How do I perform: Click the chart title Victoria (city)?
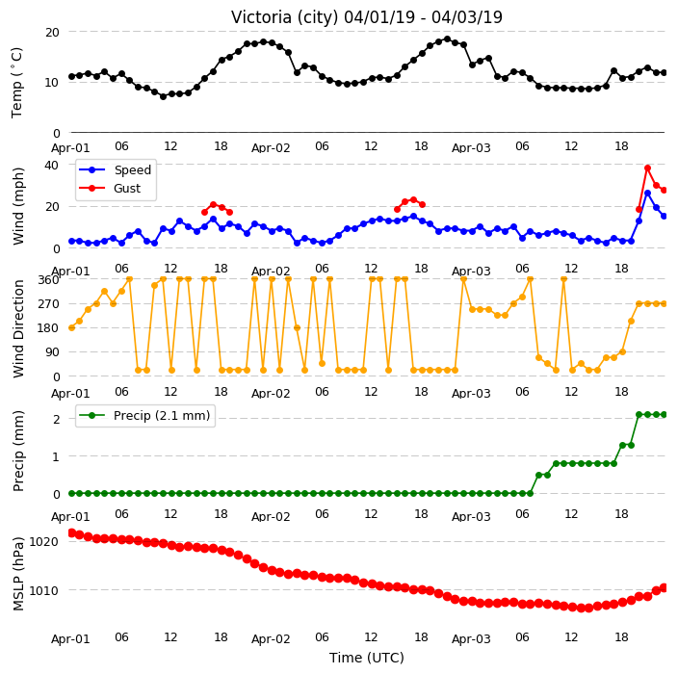(x=285, y=17)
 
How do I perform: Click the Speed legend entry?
(x=115, y=169)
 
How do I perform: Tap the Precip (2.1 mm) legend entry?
(x=144, y=415)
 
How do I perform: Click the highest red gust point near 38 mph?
(x=647, y=168)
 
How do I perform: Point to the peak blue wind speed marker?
(x=647, y=194)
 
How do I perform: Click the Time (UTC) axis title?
(x=367, y=658)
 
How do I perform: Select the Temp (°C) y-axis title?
(x=16, y=82)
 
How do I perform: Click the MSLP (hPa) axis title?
(x=17, y=574)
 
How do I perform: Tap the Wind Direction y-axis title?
(x=17, y=328)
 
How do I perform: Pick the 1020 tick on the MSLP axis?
(x=43, y=542)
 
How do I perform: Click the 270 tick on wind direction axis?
(x=48, y=304)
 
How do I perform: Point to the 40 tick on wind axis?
(x=52, y=166)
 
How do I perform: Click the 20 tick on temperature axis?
(x=52, y=33)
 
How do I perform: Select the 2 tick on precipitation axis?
(x=56, y=419)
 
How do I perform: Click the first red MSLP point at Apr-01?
(x=72, y=533)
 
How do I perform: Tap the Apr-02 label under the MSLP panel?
(x=271, y=639)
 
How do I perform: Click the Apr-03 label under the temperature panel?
(x=471, y=148)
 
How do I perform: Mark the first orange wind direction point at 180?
(x=72, y=327)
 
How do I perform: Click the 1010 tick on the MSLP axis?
(x=43, y=590)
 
